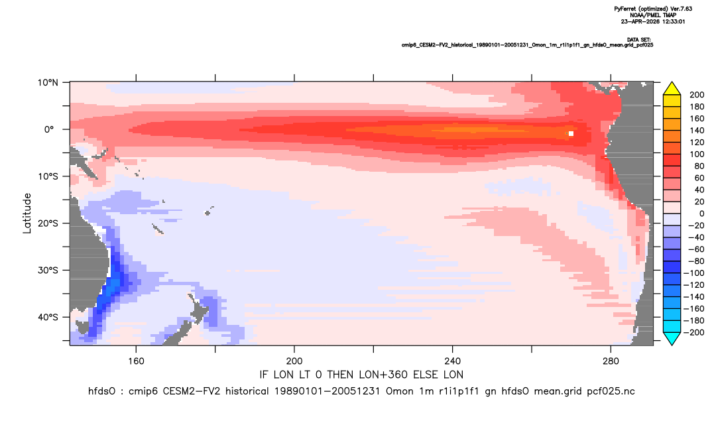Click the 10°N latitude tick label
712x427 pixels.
[48, 83]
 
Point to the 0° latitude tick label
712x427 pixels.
[49, 129]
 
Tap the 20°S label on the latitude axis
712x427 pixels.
[48, 223]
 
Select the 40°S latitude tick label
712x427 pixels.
[48, 317]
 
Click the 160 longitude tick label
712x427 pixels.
[136, 361]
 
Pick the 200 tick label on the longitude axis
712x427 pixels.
[294, 361]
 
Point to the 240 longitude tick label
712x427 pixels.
[452, 361]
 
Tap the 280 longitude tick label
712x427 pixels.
[611, 361]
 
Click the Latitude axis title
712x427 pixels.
[27, 213]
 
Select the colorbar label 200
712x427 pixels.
[697, 95]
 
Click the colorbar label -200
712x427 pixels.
[694, 332]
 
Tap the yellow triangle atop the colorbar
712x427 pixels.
[672, 89]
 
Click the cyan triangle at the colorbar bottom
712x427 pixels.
[672, 338]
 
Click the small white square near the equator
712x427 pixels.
[571, 133]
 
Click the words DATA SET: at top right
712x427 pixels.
[638, 40]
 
